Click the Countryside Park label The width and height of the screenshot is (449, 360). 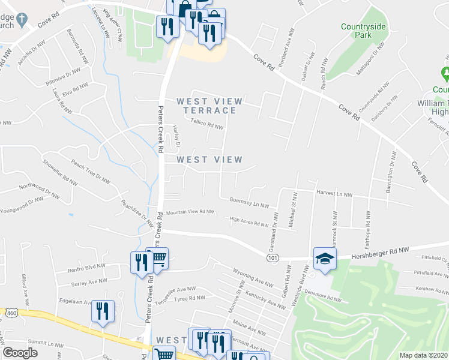click(x=364, y=31)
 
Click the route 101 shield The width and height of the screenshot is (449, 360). click(x=273, y=257)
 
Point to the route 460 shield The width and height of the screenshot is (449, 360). click(x=11, y=313)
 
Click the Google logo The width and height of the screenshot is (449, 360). click(x=20, y=353)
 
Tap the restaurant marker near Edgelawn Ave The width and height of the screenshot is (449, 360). click(x=103, y=311)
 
